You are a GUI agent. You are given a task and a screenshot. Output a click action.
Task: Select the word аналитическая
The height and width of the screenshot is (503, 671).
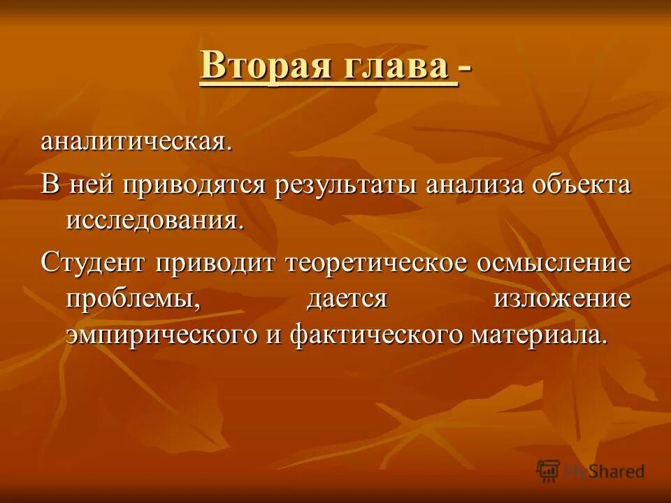(136, 142)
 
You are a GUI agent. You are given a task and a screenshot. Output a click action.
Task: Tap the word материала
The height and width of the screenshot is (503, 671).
(535, 335)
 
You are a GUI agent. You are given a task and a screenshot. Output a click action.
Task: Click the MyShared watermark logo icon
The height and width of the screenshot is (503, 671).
(548, 471)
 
